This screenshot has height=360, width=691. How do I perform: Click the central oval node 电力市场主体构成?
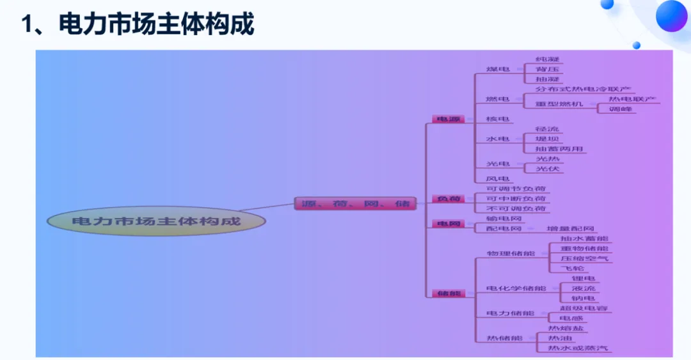click(x=156, y=221)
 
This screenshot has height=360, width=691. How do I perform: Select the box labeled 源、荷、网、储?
click(x=356, y=204)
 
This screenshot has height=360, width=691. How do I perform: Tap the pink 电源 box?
click(x=449, y=119)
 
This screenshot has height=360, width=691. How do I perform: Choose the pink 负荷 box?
click(x=449, y=199)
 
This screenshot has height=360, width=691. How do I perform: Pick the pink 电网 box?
click(x=449, y=224)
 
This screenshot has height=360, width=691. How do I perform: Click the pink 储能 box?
click(x=449, y=293)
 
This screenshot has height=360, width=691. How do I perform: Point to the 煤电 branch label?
click(x=498, y=68)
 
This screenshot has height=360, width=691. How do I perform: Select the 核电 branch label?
click(x=498, y=119)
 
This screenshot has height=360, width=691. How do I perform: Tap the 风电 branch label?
click(x=498, y=179)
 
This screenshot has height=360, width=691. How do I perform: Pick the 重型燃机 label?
click(x=559, y=104)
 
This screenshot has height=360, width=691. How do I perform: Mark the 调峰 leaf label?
click(x=620, y=109)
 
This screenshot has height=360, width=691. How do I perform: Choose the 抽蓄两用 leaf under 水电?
click(x=559, y=149)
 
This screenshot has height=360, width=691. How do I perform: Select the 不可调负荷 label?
click(x=516, y=209)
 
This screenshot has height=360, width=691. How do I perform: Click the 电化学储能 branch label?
click(x=516, y=288)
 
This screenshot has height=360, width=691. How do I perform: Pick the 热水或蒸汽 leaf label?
click(x=578, y=348)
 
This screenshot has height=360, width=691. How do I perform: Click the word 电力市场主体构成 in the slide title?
click(x=157, y=24)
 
